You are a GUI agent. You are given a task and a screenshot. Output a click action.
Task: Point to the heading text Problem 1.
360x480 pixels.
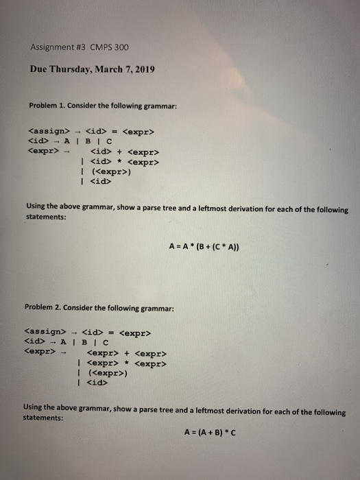45,105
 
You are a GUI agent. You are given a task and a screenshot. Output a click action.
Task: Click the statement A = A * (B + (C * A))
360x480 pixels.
203,248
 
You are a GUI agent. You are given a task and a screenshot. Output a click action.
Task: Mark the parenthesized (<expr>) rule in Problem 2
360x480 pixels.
109,374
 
